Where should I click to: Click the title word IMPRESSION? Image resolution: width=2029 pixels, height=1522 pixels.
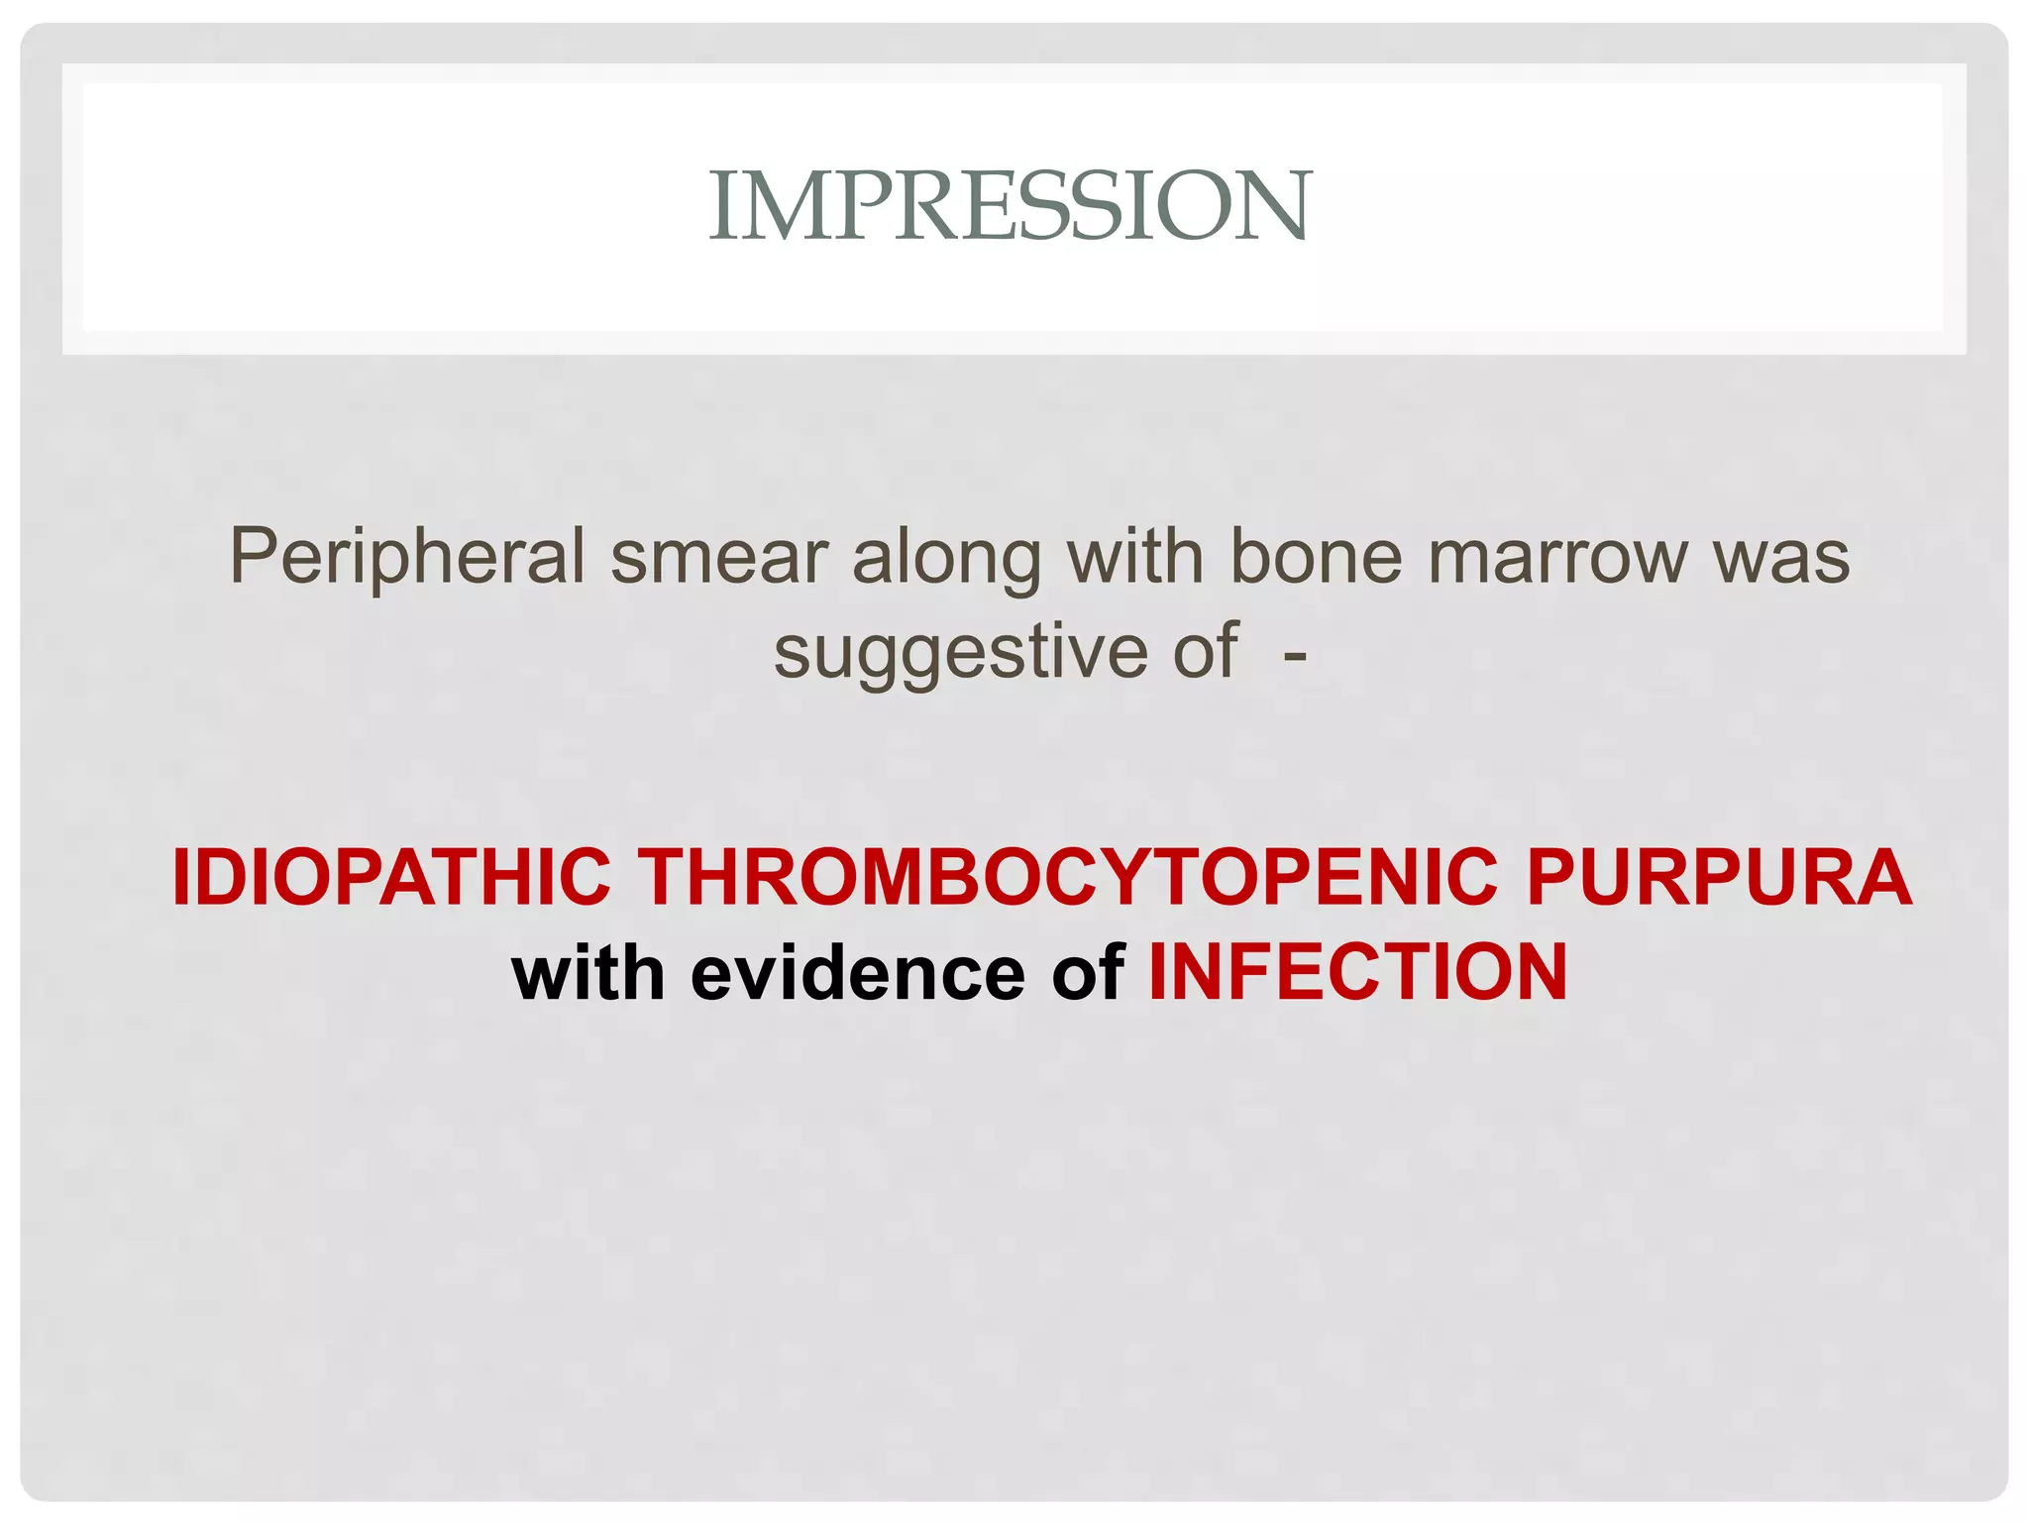(1011, 205)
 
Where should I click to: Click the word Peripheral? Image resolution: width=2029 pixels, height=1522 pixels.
(407, 557)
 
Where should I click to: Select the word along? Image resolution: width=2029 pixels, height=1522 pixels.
(946, 557)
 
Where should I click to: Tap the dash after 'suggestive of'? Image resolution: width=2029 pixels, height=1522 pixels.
(1294, 654)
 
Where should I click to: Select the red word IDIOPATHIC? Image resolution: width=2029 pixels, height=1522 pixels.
(391, 878)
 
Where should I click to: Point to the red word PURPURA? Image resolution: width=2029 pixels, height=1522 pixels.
(1719, 878)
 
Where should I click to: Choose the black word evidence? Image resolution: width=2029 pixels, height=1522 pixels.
(857, 973)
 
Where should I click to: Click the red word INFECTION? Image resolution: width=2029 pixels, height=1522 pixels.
(1357, 973)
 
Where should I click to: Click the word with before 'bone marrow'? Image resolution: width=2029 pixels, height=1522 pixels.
(1134, 557)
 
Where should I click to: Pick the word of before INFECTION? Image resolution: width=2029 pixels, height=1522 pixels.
(1087, 973)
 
